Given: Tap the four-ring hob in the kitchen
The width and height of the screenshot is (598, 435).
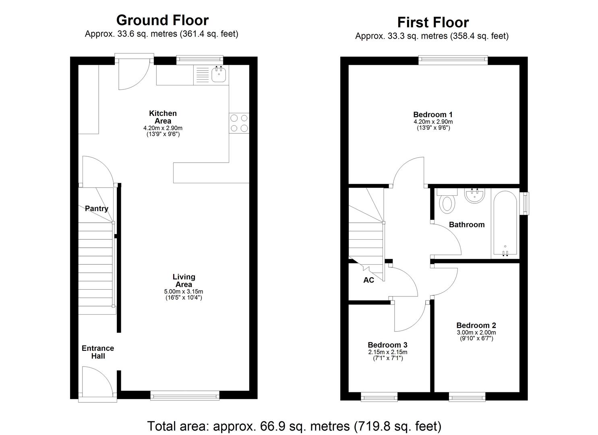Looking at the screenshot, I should click(239, 123).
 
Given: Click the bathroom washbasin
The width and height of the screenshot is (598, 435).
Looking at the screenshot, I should click(475, 196).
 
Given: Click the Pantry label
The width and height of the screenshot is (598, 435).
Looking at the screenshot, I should click(96, 209).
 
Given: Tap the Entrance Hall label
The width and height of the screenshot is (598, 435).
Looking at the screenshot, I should click(98, 352).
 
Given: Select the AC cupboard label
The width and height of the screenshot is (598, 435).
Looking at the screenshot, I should click(368, 280).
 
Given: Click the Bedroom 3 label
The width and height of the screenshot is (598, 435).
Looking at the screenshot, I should click(387, 345).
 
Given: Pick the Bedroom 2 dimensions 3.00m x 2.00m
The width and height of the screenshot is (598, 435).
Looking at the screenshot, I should click(476, 333).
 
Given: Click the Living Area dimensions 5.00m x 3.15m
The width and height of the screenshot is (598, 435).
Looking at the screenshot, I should click(184, 292).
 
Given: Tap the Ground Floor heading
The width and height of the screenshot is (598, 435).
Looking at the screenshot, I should click(162, 20).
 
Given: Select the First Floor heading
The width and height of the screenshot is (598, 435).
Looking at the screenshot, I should click(433, 22).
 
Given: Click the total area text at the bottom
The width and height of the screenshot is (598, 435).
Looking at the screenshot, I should click(294, 426).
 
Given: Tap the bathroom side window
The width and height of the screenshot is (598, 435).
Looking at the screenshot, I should click(524, 203).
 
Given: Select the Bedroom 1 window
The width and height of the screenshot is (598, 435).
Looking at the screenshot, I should click(453, 60).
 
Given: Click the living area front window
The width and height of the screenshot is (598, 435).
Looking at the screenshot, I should click(185, 396).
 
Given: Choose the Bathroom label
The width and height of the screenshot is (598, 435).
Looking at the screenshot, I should click(466, 225).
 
